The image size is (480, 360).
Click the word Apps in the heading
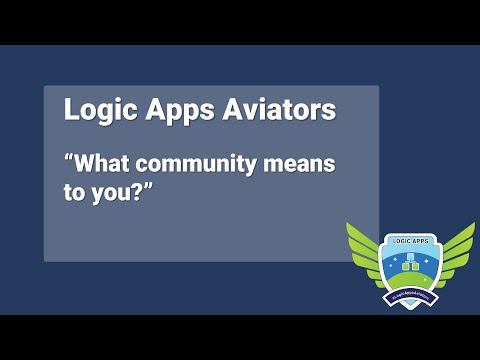[x=170, y=110]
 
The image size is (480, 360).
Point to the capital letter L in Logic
[x=71, y=110]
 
